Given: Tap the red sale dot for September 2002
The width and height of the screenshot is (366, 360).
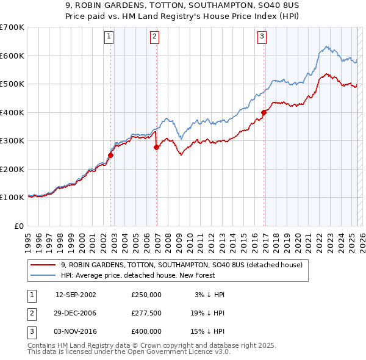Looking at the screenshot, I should tap(110, 155).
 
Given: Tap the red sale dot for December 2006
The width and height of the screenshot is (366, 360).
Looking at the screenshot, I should tap(157, 147).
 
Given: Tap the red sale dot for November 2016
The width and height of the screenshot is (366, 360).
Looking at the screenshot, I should tap(264, 112).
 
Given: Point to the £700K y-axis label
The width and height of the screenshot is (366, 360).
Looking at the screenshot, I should tap(12, 27).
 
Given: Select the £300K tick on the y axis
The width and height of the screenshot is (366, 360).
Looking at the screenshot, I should tap(12, 141).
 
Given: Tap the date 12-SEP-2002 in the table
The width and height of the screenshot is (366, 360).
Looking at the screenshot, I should tap(76, 294).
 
